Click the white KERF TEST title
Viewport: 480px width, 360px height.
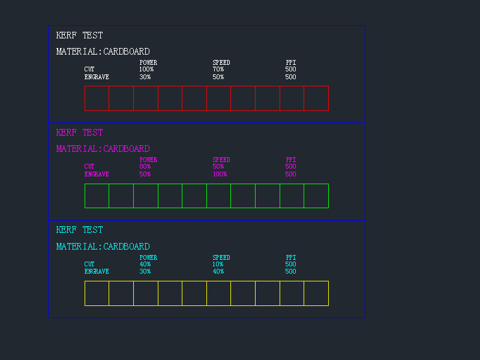79,35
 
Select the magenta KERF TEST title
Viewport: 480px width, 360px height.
79,133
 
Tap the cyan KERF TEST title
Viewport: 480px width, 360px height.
79,230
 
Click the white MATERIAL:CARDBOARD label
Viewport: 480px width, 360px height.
103,52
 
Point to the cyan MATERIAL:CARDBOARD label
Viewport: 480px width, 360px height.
103,247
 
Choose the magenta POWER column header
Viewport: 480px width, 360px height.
148,160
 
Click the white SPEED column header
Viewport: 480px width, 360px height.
221,62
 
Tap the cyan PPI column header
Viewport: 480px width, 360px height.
290,257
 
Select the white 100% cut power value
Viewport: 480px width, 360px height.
146,70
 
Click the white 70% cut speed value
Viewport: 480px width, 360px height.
218,70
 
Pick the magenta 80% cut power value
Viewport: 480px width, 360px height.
145,167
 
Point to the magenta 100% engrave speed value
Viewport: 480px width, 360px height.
220,175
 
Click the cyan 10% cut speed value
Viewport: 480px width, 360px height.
218,265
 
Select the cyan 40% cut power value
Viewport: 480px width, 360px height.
145,265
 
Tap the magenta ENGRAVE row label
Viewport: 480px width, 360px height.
97,175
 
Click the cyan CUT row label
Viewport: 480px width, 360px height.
89,265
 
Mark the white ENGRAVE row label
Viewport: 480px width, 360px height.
97,77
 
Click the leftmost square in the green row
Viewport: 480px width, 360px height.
97,196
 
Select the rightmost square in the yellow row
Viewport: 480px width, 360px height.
316,293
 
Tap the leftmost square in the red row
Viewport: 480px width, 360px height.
97,98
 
